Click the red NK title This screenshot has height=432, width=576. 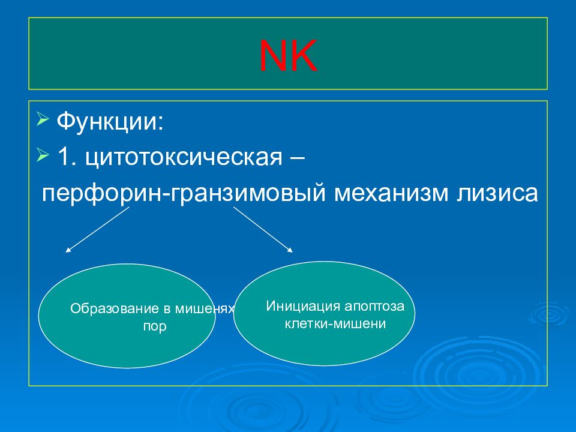point(288,56)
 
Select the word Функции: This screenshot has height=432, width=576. point(110,122)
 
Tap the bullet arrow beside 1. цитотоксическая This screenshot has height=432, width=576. point(43,155)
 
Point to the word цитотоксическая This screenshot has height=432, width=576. point(184,158)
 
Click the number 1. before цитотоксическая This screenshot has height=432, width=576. point(67,157)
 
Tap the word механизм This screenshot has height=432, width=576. point(391,193)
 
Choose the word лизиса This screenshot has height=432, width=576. point(497,193)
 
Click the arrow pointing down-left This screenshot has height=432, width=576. point(97,230)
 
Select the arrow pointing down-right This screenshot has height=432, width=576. point(263,230)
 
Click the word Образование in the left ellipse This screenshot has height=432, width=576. point(115,308)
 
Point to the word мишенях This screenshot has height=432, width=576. point(204,309)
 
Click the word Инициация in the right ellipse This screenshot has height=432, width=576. point(303,306)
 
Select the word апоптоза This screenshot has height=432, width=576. point(374,307)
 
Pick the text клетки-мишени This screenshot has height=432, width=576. point(335,323)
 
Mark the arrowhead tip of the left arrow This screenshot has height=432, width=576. point(65,253)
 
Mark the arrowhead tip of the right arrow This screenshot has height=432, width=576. point(293,253)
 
